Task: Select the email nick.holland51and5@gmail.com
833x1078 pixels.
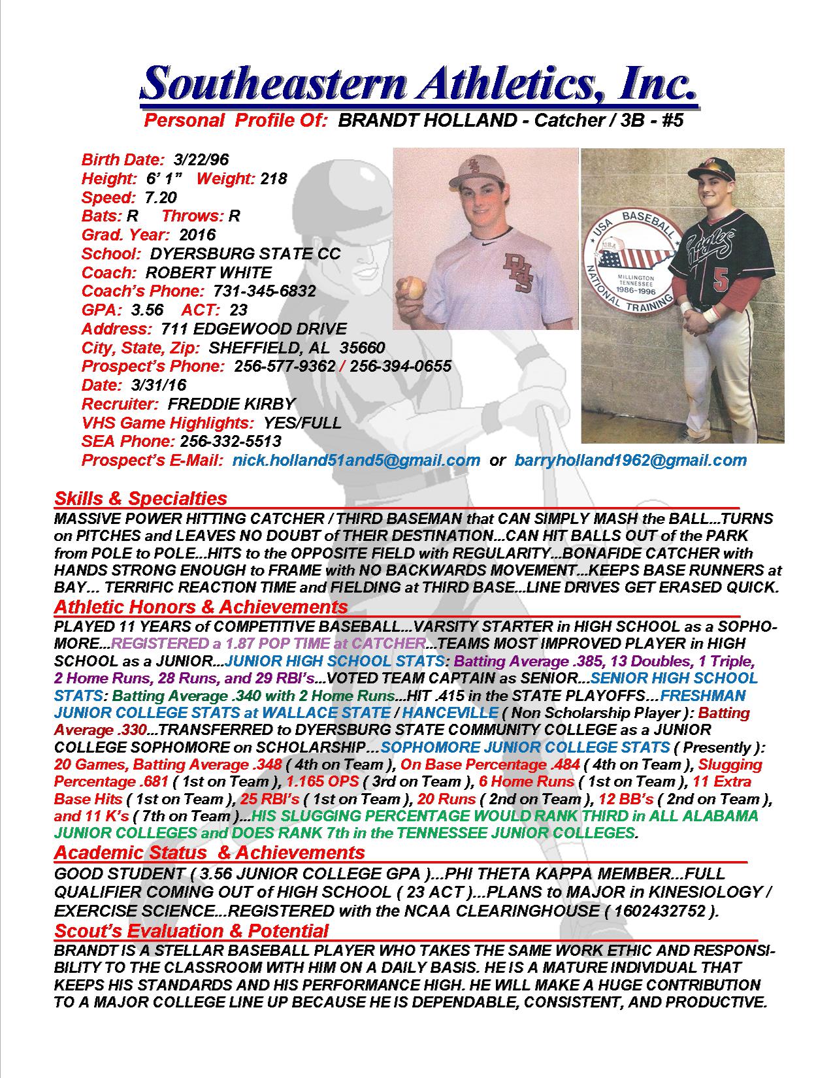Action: [x=356, y=461]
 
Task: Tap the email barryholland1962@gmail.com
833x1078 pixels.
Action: [x=630, y=461]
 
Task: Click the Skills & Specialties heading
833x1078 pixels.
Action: [x=140, y=498]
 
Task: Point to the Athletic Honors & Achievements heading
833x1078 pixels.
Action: [x=201, y=607]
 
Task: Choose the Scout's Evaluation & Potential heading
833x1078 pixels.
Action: [x=191, y=930]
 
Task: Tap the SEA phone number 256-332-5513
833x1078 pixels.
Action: [x=231, y=442]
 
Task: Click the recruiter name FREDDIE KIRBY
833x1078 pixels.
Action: [x=231, y=404]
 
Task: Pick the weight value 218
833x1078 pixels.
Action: [x=274, y=178]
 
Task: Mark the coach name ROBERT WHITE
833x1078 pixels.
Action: [x=208, y=272]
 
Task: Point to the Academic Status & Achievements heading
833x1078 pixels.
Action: [x=209, y=853]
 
